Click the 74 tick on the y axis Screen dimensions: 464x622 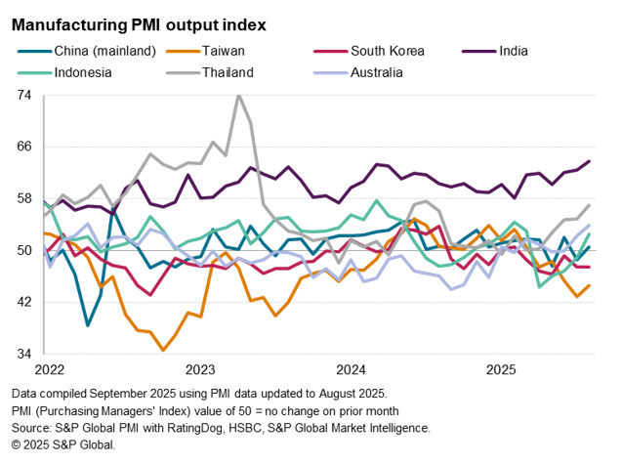click(24, 96)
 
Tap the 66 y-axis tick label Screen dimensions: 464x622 click(24, 147)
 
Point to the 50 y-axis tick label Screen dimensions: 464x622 click(24, 250)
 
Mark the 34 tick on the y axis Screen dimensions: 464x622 click(24, 354)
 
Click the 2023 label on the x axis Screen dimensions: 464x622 click(199, 369)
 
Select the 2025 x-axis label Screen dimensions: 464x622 click(501, 369)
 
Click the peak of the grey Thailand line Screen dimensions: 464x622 click(237, 95)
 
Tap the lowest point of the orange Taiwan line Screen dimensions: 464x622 click(163, 350)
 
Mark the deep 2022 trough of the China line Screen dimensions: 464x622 click(88, 325)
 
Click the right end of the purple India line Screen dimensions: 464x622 click(589, 161)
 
